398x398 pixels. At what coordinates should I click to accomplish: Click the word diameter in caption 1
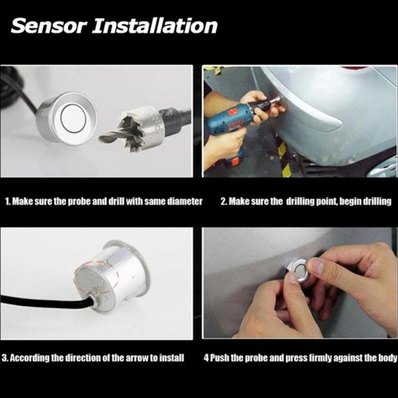(185, 202)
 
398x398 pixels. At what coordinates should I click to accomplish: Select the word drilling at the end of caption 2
(377, 202)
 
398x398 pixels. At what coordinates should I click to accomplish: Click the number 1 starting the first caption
(7, 202)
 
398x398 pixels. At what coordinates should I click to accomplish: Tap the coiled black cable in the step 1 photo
(12, 90)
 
